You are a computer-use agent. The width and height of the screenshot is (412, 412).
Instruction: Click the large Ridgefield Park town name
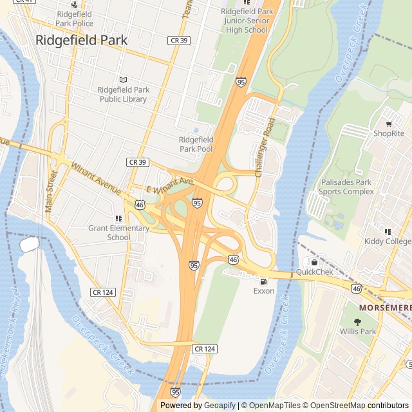81,40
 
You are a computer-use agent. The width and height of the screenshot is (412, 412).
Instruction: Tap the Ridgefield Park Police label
75,18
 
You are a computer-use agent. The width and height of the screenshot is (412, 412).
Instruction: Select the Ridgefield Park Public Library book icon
123,80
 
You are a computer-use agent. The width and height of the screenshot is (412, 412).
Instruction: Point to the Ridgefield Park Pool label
196,144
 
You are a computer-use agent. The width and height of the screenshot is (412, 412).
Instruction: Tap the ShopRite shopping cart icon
389,124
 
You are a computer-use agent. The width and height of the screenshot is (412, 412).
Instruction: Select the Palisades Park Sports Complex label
346,187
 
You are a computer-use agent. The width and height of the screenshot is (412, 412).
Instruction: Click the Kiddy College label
388,241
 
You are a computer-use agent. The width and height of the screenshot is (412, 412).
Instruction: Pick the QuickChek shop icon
314,263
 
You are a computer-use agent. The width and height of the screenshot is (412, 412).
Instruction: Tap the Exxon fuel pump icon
263,281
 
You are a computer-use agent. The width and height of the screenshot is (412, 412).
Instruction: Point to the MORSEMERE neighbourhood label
385,308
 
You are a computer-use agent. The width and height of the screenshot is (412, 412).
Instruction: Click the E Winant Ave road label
170,186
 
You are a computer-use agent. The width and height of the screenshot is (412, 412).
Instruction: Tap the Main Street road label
51,191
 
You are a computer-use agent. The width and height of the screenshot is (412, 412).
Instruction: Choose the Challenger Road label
265,148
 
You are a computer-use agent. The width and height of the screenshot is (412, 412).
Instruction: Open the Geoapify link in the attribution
220,406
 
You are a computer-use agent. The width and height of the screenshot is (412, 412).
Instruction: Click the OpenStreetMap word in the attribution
339,406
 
